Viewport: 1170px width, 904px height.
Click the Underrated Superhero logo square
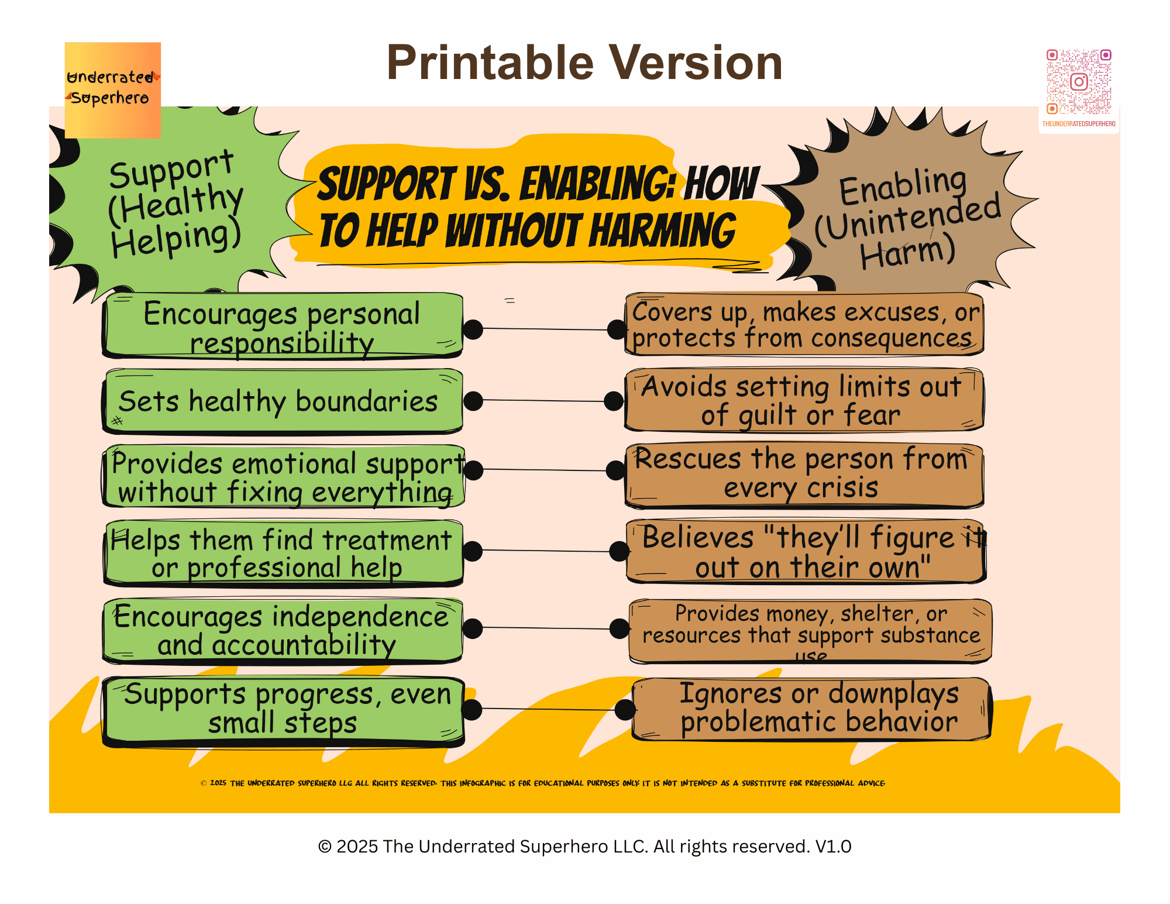[x=112, y=90]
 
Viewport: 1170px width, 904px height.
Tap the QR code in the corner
[x=1078, y=82]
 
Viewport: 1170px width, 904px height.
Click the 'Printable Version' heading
[x=584, y=63]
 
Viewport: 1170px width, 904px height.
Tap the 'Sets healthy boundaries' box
[x=283, y=402]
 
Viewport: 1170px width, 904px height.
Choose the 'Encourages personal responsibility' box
[x=283, y=326]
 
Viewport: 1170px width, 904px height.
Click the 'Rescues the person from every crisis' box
[x=804, y=474]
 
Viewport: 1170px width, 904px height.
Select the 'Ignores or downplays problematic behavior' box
[x=811, y=708]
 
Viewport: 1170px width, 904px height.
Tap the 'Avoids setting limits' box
[x=804, y=400]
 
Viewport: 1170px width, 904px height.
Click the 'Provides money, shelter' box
[x=810, y=631]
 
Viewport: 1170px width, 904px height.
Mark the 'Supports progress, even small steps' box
[x=283, y=710]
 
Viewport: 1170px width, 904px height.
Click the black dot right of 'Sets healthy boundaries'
[x=473, y=401]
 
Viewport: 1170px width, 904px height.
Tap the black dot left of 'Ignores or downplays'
[x=625, y=710]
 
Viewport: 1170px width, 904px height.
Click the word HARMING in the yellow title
[x=662, y=231]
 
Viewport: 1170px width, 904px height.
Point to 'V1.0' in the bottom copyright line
[x=833, y=847]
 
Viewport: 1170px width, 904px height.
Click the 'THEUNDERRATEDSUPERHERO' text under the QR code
[x=1078, y=124]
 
